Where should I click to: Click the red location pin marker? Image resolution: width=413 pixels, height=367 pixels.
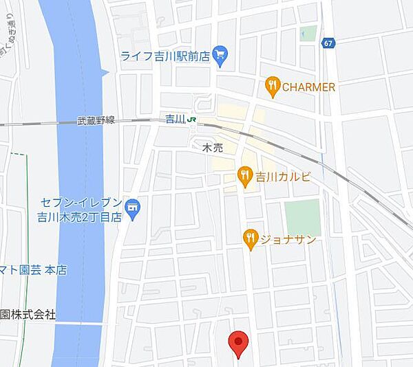click(238, 343)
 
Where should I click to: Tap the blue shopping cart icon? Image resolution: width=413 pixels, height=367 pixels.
click(220, 55)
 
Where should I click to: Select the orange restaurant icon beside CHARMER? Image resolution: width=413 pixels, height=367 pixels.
click(273, 87)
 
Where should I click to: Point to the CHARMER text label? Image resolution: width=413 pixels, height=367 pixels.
click(309, 87)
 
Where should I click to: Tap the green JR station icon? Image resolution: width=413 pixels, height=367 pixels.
click(194, 119)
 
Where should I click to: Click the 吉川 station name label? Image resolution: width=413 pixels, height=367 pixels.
click(176, 119)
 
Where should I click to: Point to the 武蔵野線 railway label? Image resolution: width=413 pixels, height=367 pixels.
click(96, 120)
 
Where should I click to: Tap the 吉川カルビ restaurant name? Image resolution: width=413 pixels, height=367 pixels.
click(282, 177)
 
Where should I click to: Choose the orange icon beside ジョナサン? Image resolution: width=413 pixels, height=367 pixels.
click(251, 238)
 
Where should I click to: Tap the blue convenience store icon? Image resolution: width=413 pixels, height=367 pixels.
click(134, 205)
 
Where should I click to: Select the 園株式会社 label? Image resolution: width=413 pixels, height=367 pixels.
click(28, 314)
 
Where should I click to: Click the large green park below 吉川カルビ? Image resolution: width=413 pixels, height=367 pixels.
click(303, 218)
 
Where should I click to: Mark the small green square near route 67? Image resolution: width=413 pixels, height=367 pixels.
click(308, 34)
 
